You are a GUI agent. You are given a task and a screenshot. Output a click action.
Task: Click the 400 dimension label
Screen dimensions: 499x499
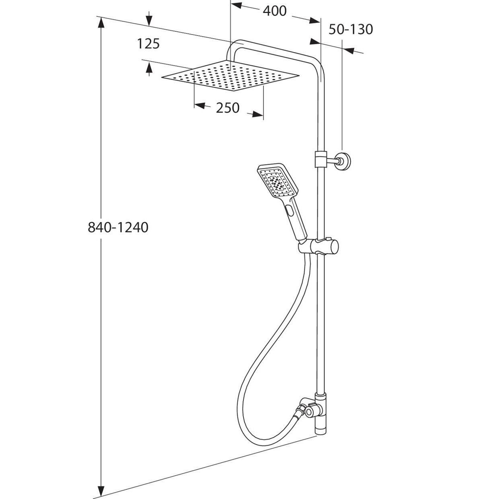[x=275, y=11]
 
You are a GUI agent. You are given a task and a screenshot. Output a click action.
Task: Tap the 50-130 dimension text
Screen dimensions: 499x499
[x=351, y=29]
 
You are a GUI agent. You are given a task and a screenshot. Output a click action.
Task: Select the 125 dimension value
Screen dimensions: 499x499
[x=148, y=43]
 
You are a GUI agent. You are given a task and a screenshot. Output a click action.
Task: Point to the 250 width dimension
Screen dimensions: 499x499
[x=228, y=108]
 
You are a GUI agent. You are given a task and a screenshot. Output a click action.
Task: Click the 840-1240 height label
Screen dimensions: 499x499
[x=118, y=228]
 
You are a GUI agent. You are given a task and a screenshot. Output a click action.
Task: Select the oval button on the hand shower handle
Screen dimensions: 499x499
[x=289, y=209]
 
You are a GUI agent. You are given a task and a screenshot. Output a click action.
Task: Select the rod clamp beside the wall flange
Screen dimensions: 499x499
[x=320, y=158]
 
